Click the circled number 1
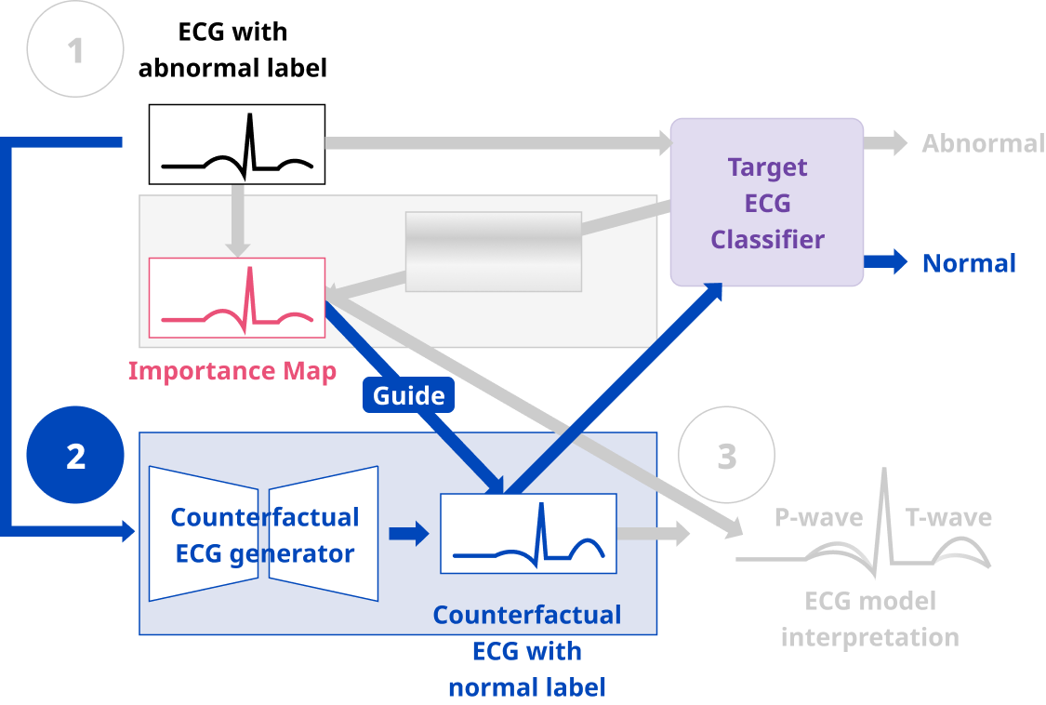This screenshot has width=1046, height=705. [x=75, y=51]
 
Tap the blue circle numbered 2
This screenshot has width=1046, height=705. [x=75, y=456]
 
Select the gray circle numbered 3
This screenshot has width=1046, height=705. [x=726, y=456]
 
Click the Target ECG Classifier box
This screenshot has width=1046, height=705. [x=767, y=203]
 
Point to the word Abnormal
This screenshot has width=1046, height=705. [x=983, y=143]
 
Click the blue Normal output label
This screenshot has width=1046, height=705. [x=969, y=263]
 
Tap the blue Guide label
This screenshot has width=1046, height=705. [x=408, y=395]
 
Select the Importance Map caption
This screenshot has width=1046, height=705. [x=232, y=370]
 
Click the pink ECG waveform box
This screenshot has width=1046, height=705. [x=237, y=298]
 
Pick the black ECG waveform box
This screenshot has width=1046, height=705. [x=237, y=144]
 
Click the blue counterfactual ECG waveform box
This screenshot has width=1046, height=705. [x=528, y=534]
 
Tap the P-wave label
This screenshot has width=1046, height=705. [x=818, y=517]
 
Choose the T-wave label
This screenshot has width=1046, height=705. [x=948, y=517]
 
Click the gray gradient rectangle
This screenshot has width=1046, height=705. [x=493, y=251]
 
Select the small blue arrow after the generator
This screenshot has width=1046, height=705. [x=408, y=534]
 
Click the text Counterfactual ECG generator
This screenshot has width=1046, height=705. [x=265, y=535]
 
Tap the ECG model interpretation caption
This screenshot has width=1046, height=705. [x=869, y=619]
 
